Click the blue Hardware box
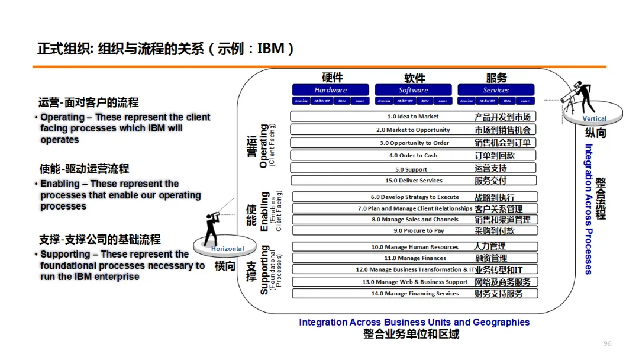click(x=330, y=90)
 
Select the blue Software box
click(x=413, y=90)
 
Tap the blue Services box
click(x=496, y=90)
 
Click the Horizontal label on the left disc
click(x=227, y=249)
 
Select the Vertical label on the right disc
click(x=594, y=118)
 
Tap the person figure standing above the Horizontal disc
click(x=212, y=228)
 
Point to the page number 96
click(x=607, y=344)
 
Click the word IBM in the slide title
click(x=271, y=49)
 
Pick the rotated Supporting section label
click(x=264, y=269)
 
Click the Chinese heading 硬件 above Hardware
click(x=332, y=78)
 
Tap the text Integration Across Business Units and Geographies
click(x=414, y=322)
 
